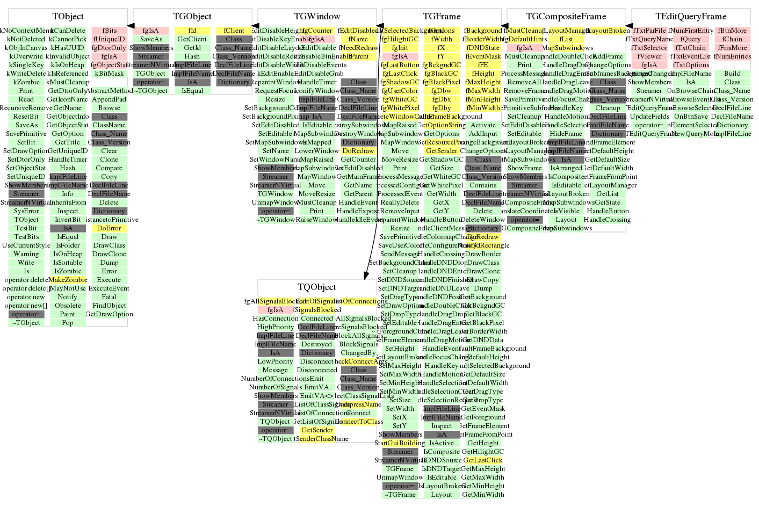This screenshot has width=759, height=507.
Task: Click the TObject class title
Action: [68, 17]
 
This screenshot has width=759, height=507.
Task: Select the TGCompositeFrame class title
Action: [566, 17]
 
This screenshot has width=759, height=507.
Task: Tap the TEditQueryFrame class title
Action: [691, 17]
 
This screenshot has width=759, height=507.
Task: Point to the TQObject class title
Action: [317, 287]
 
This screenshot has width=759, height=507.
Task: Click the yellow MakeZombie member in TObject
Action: [68, 280]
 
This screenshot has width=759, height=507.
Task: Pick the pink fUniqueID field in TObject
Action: [109, 39]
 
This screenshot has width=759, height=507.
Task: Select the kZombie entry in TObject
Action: [26, 82]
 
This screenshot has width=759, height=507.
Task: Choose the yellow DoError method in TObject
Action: [109, 228]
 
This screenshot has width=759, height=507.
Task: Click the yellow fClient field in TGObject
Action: [234, 31]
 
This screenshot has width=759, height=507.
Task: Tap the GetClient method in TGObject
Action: [192, 39]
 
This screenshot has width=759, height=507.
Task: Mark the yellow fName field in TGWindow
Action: [358, 39]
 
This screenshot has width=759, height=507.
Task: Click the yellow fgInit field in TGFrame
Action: [400, 48]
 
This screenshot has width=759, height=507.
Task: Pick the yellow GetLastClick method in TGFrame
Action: [483, 460]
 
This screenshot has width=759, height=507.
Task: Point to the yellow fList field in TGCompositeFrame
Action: [566, 39]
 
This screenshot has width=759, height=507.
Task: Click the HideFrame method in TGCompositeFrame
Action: [566, 134]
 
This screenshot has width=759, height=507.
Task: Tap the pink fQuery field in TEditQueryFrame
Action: [691, 39]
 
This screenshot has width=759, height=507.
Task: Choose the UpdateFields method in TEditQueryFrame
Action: [649, 117]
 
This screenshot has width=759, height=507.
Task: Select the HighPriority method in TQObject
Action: [276, 327]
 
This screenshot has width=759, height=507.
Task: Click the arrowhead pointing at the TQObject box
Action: [366, 274]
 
